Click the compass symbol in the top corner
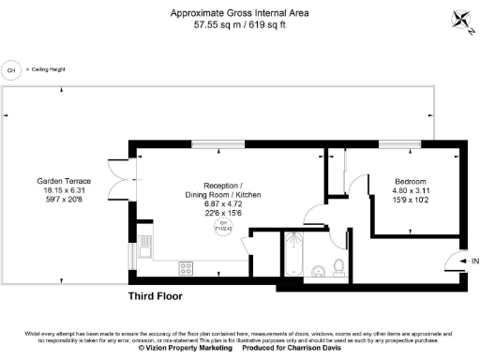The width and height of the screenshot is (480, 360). pyautogui.click(x=460, y=19)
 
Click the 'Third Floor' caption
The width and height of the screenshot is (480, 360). pyautogui.click(x=156, y=295)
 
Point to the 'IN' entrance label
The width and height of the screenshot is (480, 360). pyautogui.click(x=474, y=261)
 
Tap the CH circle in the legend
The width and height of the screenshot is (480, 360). pyautogui.click(x=12, y=69)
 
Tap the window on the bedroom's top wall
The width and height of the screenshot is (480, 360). pyautogui.click(x=396, y=142)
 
